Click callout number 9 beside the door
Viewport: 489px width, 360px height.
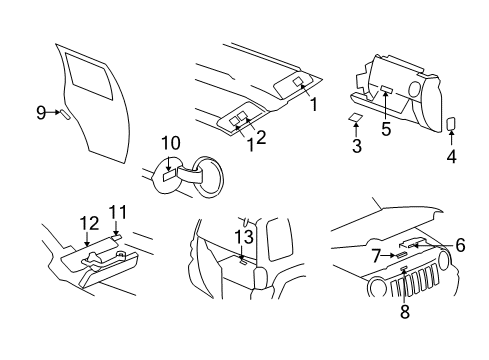(x=41, y=113)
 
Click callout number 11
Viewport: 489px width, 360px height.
(x=118, y=211)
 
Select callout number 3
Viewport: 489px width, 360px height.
(x=357, y=147)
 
